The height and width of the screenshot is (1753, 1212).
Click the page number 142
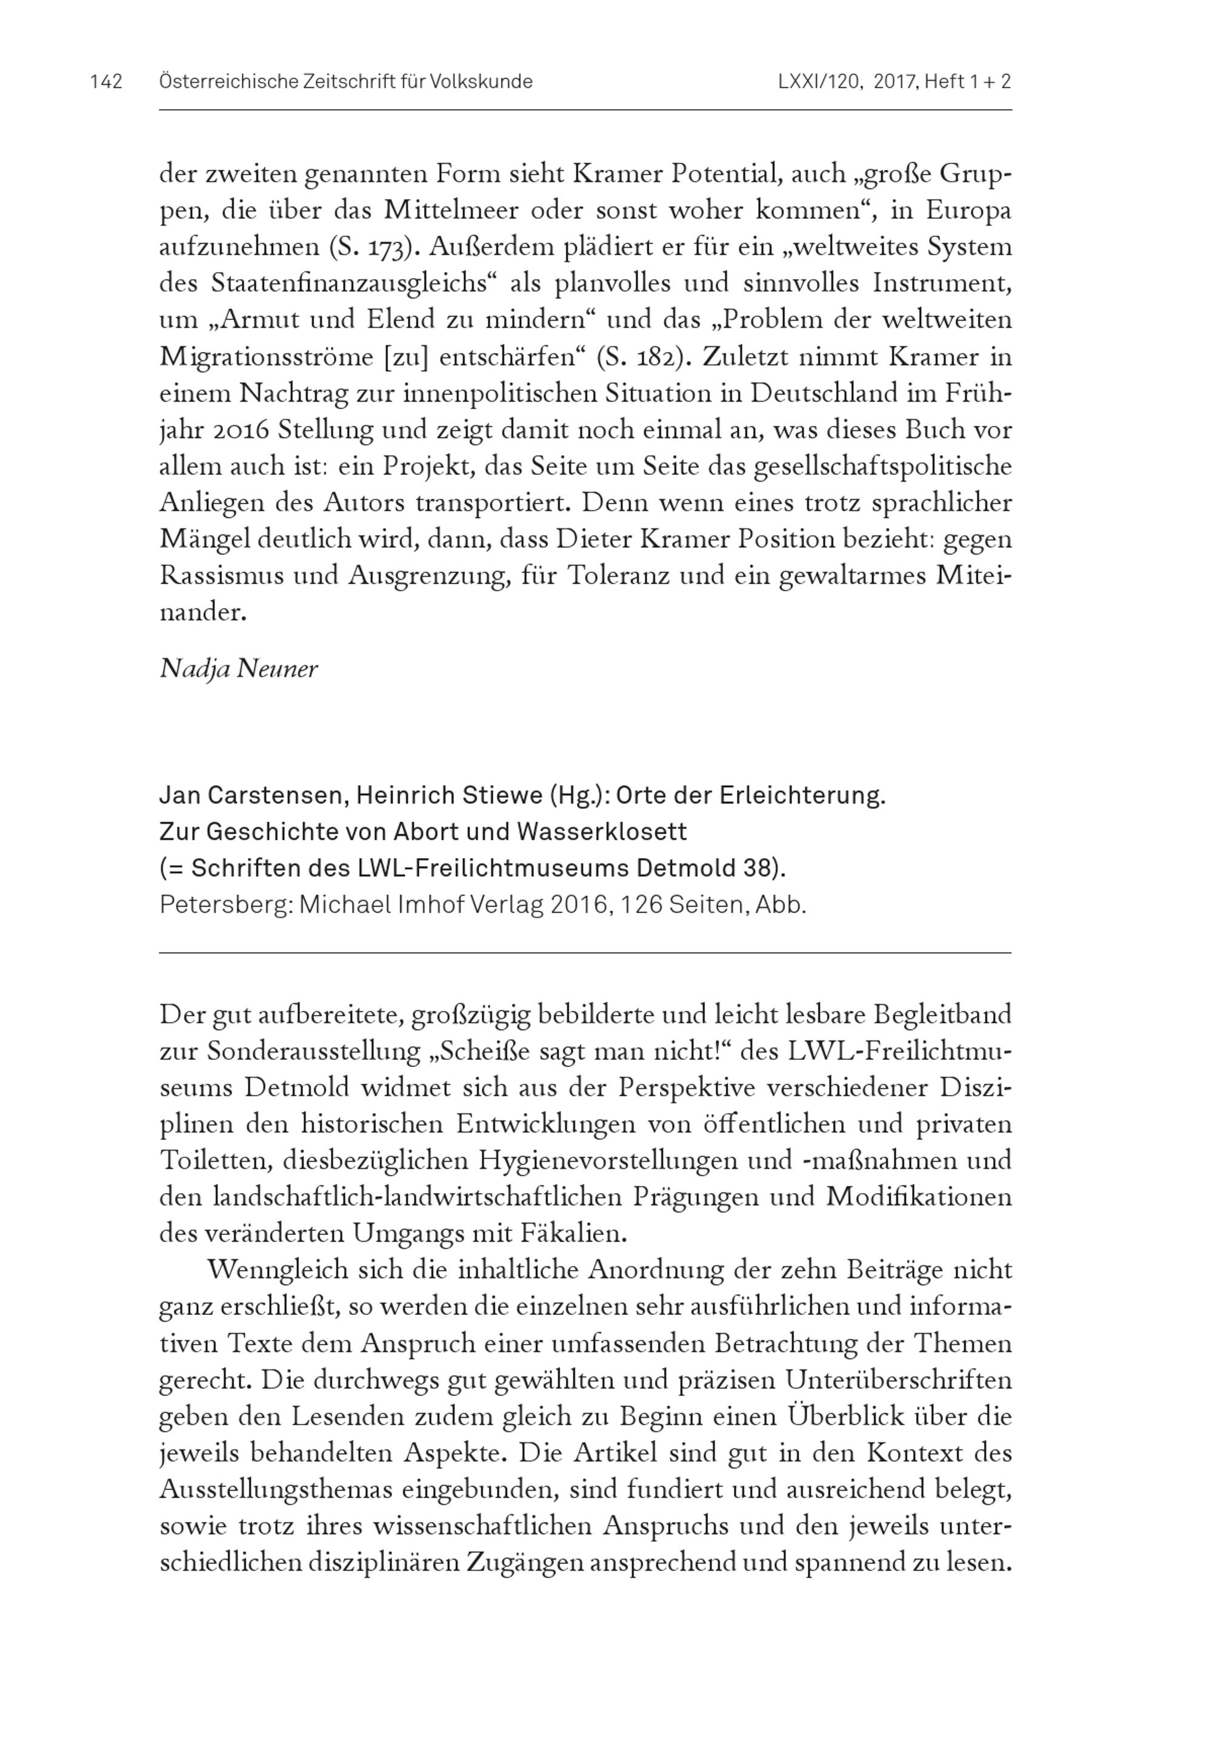[105, 82]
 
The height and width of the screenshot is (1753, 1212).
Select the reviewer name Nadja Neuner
[238, 669]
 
